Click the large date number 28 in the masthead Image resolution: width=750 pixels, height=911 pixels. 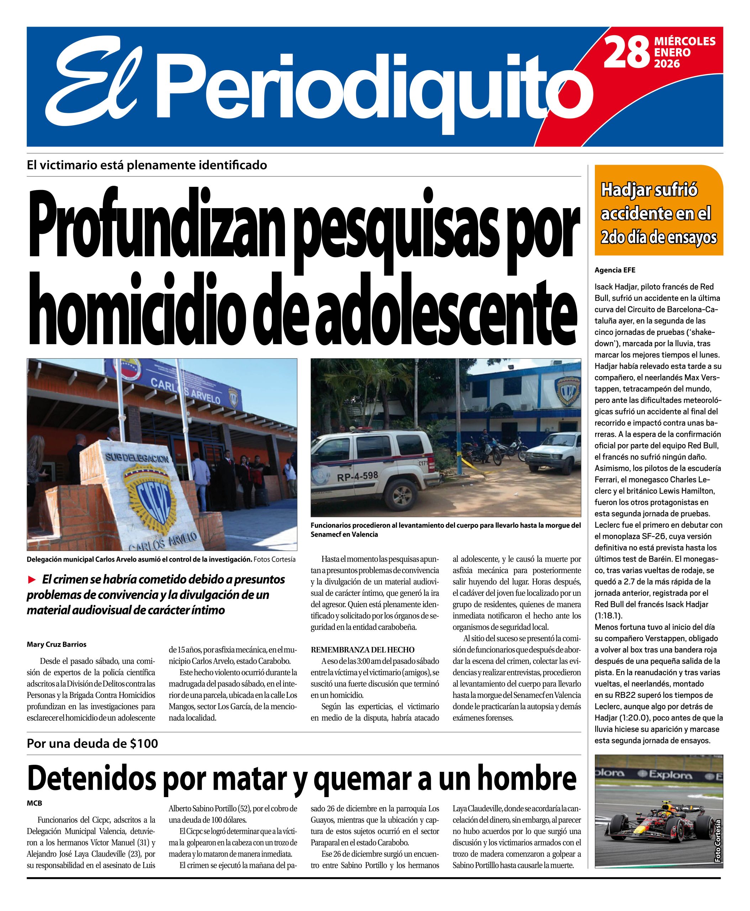click(x=626, y=52)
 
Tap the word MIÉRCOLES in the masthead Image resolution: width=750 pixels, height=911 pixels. click(x=685, y=42)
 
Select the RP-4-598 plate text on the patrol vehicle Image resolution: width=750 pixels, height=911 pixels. click(x=358, y=476)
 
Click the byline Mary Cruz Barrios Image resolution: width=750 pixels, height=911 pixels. click(x=57, y=644)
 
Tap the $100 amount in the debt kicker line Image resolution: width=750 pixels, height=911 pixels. click(x=143, y=744)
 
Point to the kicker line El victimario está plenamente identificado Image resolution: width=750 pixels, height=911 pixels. click(x=147, y=165)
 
